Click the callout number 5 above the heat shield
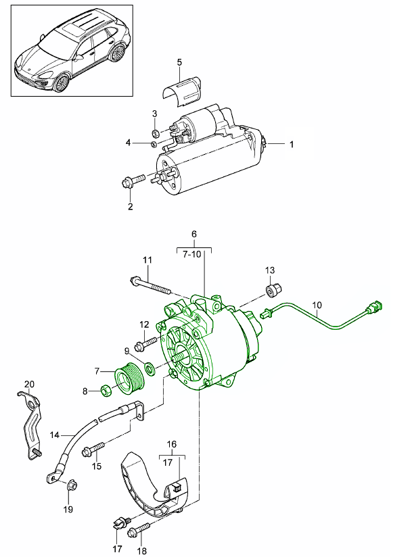tap(179, 63)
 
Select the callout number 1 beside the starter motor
tap(292, 144)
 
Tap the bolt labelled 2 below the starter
tap(133, 182)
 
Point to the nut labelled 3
tap(155, 132)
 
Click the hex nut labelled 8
tap(106, 390)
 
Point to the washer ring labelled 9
tap(149, 370)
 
